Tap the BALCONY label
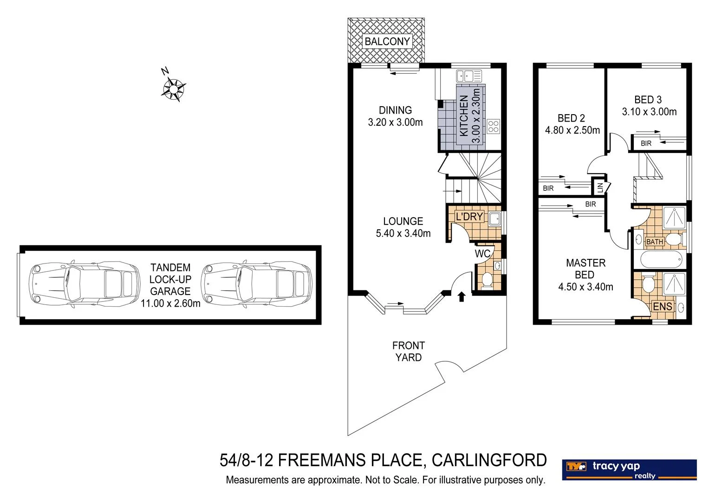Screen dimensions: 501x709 click(x=387, y=41)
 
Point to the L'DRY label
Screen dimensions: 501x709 click(x=469, y=217)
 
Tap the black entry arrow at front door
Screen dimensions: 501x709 click(x=461, y=296)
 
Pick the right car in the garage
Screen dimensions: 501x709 click(x=257, y=284)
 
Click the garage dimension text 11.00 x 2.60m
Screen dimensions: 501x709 click(x=170, y=303)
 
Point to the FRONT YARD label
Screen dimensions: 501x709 click(x=408, y=351)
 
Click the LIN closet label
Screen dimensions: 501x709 click(x=600, y=187)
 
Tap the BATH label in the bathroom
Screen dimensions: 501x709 click(x=654, y=242)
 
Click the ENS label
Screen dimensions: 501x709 click(x=662, y=306)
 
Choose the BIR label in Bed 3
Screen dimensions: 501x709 click(x=646, y=143)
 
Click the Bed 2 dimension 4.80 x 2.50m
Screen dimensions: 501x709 click(x=572, y=130)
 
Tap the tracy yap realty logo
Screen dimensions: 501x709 click(x=629, y=470)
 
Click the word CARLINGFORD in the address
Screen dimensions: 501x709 click(x=489, y=460)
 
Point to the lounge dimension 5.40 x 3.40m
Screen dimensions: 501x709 click(x=403, y=233)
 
